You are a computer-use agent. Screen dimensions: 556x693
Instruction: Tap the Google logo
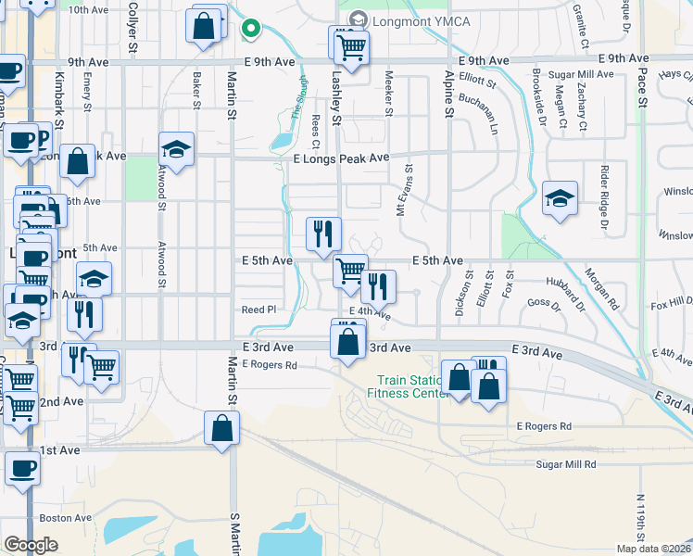pos(31,544)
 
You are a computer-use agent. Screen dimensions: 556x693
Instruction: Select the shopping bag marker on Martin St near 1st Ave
pos(221,429)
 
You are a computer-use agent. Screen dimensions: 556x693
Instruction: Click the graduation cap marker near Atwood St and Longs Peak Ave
pos(175,149)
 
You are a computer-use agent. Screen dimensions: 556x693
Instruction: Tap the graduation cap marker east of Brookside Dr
pos(560,199)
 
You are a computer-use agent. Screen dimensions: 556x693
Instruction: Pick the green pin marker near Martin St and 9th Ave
pos(249,30)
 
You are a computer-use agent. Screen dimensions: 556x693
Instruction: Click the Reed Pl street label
pos(258,310)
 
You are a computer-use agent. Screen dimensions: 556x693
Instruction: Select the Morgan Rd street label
pos(602,289)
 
